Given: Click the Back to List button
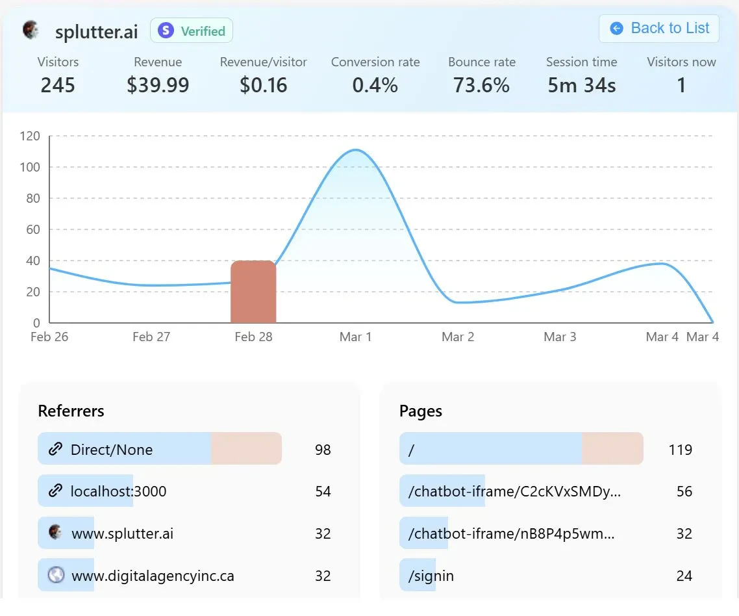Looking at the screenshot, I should tap(659, 29).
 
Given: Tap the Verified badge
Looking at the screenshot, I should tap(192, 31).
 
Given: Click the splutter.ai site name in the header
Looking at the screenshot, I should tap(97, 32).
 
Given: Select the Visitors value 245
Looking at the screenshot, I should tap(58, 85).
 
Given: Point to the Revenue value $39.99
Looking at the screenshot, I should tap(158, 85).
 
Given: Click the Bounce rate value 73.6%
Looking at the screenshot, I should tap(481, 85).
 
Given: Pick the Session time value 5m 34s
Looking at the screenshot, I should tap(581, 85).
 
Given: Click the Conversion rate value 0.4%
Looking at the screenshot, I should tap(375, 85).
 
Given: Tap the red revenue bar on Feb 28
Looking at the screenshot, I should tap(253, 292).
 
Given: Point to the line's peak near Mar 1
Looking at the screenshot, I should tap(355, 150).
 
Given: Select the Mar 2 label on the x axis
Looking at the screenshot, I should tap(458, 337).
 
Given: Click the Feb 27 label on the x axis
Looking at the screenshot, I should tap(151, 337).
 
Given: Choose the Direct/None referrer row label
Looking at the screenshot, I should tap(112, 450).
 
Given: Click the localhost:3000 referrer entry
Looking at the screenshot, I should tap(118, 491).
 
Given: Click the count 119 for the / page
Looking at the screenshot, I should tap(680, 450).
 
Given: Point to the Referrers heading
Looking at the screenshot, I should tap(71, 411).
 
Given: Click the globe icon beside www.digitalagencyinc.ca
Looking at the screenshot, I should tap(56, 575).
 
